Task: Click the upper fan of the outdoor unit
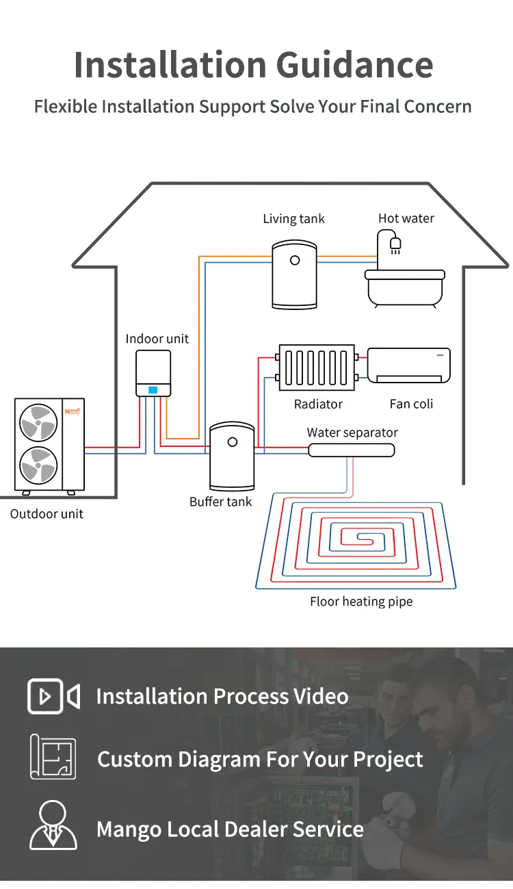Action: [x=39, y=422]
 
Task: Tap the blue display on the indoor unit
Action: [x=153, y=389]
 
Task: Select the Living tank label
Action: [x=293, y=219]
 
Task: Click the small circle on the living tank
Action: [x=295, y=260]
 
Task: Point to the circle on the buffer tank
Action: [x=233, y=441]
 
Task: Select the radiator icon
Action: [x=317, y=368]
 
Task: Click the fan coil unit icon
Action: [x=409, y=365]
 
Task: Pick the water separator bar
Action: [x=351, y=450]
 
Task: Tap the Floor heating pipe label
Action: [x=361, y=602]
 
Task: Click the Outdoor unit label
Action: [x=47, y=514]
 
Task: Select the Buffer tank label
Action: [x=220, y=502]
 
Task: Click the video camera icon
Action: [x=53, y=696]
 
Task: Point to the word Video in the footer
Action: [x=321, y=696]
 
